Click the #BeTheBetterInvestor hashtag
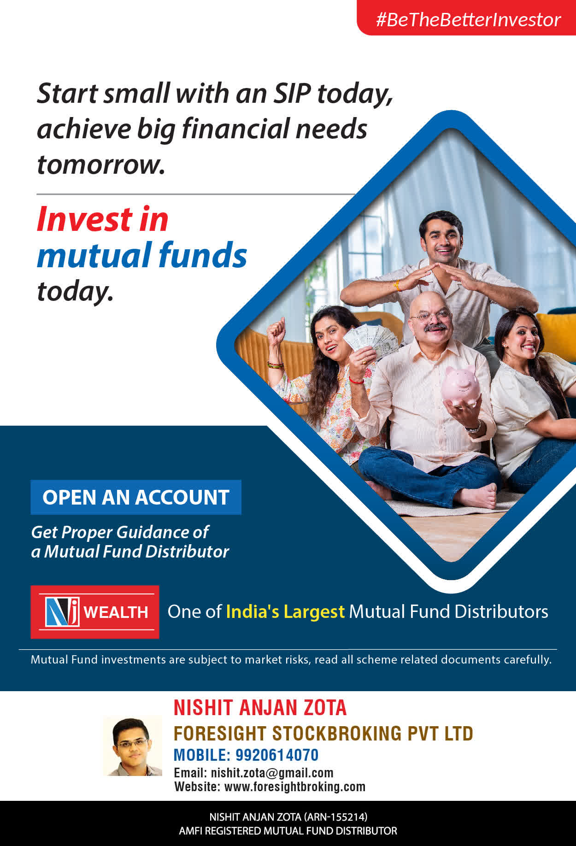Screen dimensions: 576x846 click(x=468, y=20)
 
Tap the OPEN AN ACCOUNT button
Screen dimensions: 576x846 click(x=136, y=497)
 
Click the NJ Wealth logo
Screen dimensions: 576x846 click(x=95, y=612)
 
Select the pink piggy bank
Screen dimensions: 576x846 click(x=461, y=385)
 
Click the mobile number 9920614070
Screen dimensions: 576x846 click(x=277, y=755)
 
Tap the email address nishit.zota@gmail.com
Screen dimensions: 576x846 click(x=272, y=773)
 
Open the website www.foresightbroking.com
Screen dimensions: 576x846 click(x=295, y=787)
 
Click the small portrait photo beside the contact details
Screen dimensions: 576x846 click(x=133, y=746)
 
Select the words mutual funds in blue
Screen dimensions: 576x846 click(x=142, y=255)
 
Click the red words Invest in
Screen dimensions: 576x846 click(x=103, y=219)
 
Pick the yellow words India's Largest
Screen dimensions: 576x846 click(x=285, y=611)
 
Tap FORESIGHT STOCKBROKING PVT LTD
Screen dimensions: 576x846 click(x=323, y=734)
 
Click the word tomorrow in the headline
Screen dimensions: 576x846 click(x=101, y=164)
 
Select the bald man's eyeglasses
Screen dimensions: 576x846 click(x=430, y=317)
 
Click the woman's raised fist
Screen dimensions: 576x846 click(x=276, y=328)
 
